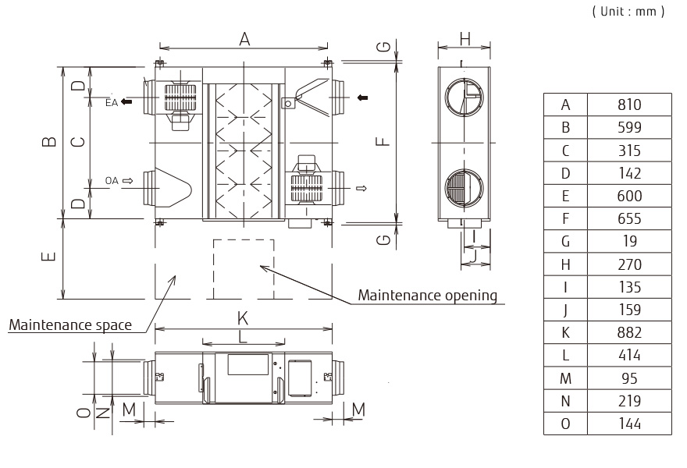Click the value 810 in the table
pos(628,105)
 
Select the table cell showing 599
pos(628,127)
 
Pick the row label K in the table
pos(565,332)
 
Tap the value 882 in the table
pos(628,332)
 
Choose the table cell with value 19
pos(628,241)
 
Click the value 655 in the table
pos(628,218)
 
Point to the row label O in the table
pos(565,424)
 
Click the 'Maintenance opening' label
pos(427,295)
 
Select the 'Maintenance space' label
pos(70,324)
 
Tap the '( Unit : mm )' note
pos(628,12)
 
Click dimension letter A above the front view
pos(244,39)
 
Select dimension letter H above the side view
pos(465,38)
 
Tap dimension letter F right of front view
pos(380,141)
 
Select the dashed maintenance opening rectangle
pos(244,268)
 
